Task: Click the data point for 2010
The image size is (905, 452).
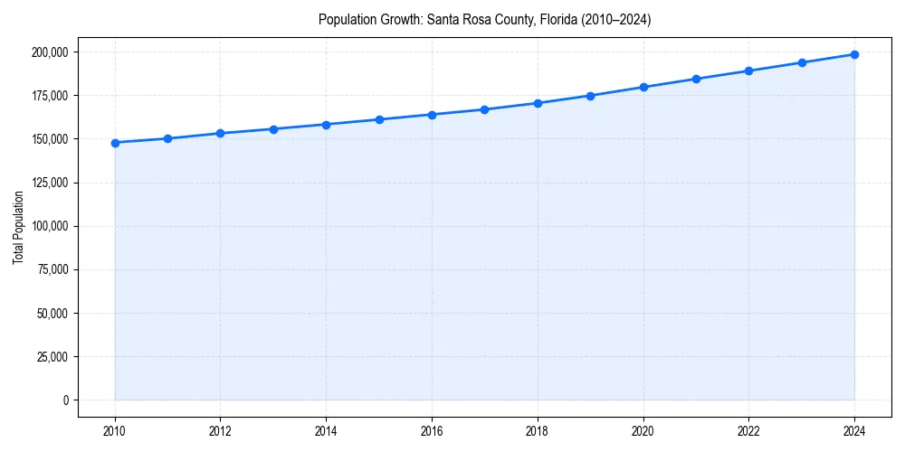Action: [x=115, y=143]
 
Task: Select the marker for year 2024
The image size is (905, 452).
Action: [x=854, y=54]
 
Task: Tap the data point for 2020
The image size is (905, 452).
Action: [x=643, y=88]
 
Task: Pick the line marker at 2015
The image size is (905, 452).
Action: [x=379, y=119]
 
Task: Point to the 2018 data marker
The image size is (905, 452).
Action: [x=538, y=103]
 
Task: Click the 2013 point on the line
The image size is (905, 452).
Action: [x=273, y=129]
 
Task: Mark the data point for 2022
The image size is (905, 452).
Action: [x=748, y=71]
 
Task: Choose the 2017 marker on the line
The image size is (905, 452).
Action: [x=485, y=109]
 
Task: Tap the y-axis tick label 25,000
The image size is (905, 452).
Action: [x=52, y=357]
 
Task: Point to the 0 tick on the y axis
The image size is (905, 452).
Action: [x=65, y=400]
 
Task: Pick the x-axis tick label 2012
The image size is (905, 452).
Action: [x=221, y=430]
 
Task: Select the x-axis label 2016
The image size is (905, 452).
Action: [x=432, y=430]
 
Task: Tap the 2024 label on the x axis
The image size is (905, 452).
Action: [x=854, y=430]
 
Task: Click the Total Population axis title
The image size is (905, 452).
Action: [x=18, y=227]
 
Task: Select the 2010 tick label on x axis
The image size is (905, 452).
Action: [x=115, y=430]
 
